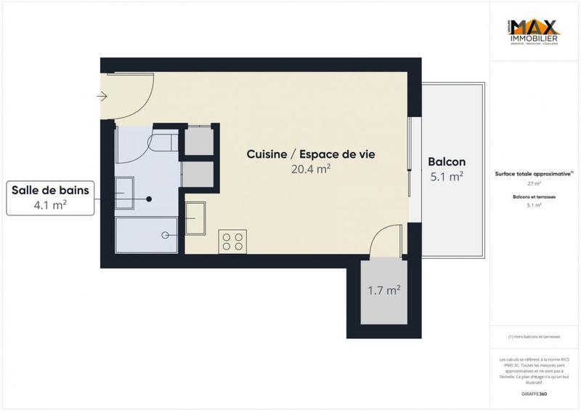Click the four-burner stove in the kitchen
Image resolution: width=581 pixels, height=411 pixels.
pyautogui.click(x=232, y=241)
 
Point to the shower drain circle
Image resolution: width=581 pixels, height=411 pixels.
pyautogui.click(x=166, y=235)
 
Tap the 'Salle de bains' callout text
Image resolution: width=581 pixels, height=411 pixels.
pyautogui.click(x=50, y=191)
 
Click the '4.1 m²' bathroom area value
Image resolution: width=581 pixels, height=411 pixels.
pyautogui.click(x=50, y=205)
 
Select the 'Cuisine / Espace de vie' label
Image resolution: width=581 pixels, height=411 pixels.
pyautogui.click(x=310, y=154)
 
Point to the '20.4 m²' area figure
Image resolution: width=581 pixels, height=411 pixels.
pyautogui.click(x=310, y=169)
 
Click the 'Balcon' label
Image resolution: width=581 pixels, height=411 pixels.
pyautogui.click(x=447, y=161)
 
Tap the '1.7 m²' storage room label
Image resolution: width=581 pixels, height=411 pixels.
pyautogui.click(x=384, y=291)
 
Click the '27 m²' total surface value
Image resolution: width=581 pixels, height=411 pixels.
pyautogui.click(x=534, y=183)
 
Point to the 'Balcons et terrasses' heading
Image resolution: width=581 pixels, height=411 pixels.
pyautogui.click(x=534, y=197)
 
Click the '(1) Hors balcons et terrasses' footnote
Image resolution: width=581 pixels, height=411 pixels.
pyautogui.click(x=534, y=336)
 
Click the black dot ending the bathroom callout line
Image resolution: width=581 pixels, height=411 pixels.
pyautogui.click(x=149, y=199)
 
